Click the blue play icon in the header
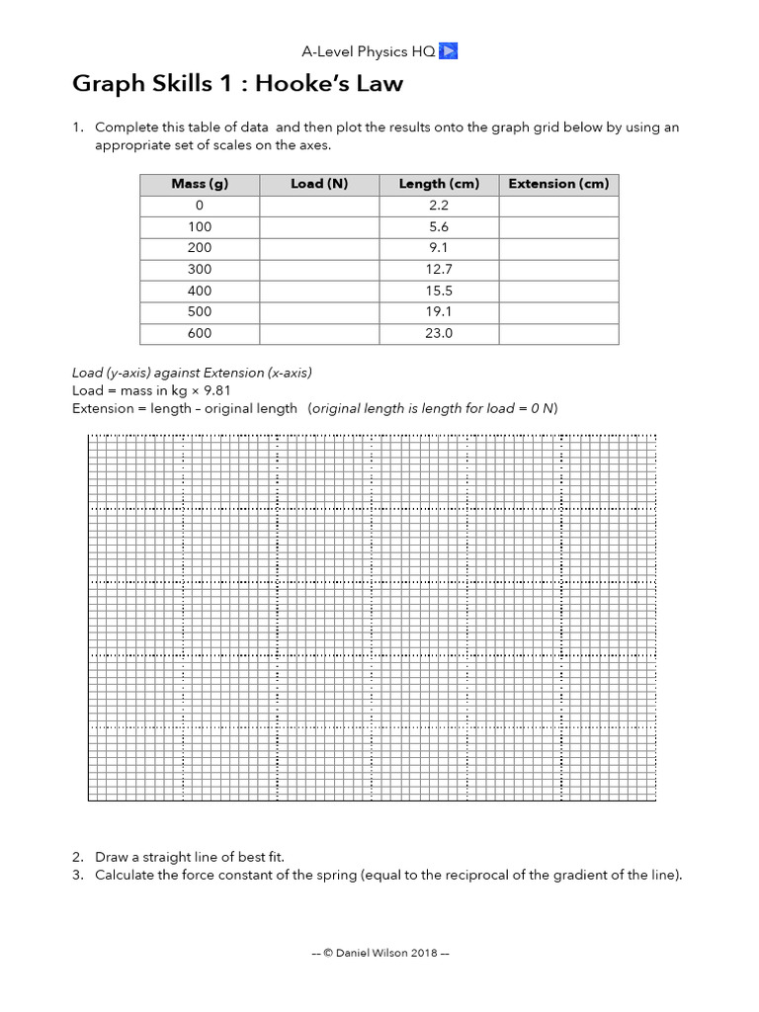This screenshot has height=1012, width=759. point(448,51)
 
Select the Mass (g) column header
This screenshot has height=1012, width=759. point(200,184)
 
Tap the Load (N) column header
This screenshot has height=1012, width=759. point(319,184)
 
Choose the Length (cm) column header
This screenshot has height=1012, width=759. point(439,184)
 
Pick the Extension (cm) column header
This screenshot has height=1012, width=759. point(558,184)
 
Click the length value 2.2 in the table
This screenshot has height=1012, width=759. point(439,206)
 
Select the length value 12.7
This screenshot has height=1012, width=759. point(439,270)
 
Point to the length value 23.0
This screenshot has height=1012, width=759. point(439,334)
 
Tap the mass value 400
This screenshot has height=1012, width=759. point(200,291)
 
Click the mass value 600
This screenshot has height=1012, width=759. point(200,334)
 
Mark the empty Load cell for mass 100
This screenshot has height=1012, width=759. point(319,227)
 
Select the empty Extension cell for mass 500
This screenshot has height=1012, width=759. point(558,312)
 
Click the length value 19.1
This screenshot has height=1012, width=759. point(439,312)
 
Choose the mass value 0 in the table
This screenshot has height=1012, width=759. point(200,206)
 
